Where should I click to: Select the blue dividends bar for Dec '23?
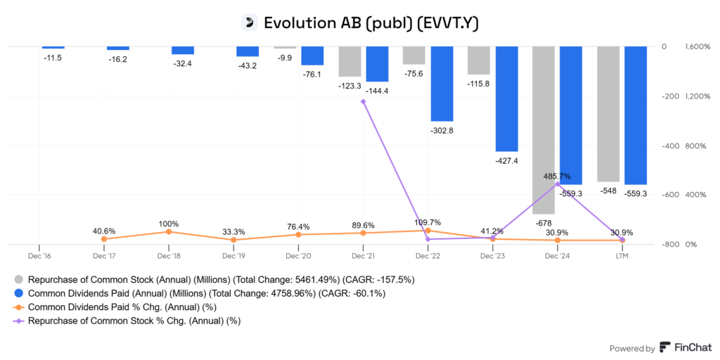tap(506, 98)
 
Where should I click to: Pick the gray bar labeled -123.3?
tap(349, 61)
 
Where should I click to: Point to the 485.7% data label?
tap(558, 176)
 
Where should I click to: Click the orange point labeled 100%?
tap(169, 231)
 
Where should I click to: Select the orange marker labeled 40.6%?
tap(104, 239)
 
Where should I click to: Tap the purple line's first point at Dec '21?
tap(363, 101)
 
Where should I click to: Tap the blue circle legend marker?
tap(18, 293)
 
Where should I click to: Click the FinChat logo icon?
tap(664, 348)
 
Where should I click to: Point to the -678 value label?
tap(544, 222)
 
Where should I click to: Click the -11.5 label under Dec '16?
tap(52, 58)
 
